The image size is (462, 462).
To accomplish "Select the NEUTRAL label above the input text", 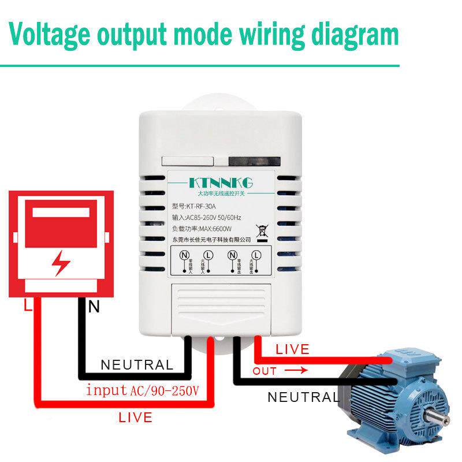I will (x=137, y=365).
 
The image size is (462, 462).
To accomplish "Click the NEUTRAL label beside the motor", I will (x=303, y=397).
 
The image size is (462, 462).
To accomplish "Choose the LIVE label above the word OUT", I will (x=292, y=349).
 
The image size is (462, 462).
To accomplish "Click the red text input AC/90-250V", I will (x=142, y=390).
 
